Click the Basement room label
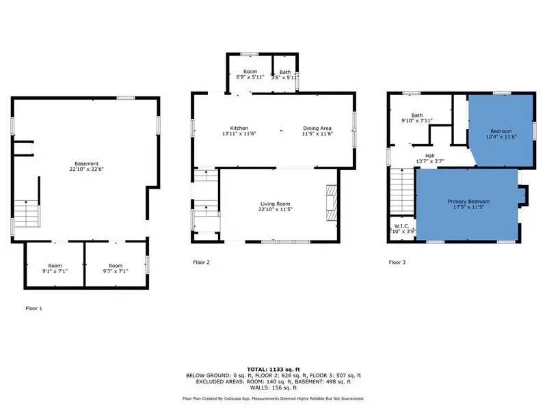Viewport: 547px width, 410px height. (x=87, y=163)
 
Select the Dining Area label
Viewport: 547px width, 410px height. (x=317, y=128)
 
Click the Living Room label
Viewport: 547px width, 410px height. (x=276, y=204)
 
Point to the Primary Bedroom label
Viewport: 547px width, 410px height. (x=468, y=202)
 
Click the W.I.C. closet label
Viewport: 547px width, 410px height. (x=401, y=226)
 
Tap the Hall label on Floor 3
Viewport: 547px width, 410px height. (x=430, y=156)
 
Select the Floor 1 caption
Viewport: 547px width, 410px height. (x=33, y=309)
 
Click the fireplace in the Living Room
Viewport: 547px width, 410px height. (x=331, y=203)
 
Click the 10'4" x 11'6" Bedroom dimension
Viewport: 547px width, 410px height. (x=500, y=137)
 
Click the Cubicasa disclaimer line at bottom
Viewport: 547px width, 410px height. (x=273, y=398)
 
